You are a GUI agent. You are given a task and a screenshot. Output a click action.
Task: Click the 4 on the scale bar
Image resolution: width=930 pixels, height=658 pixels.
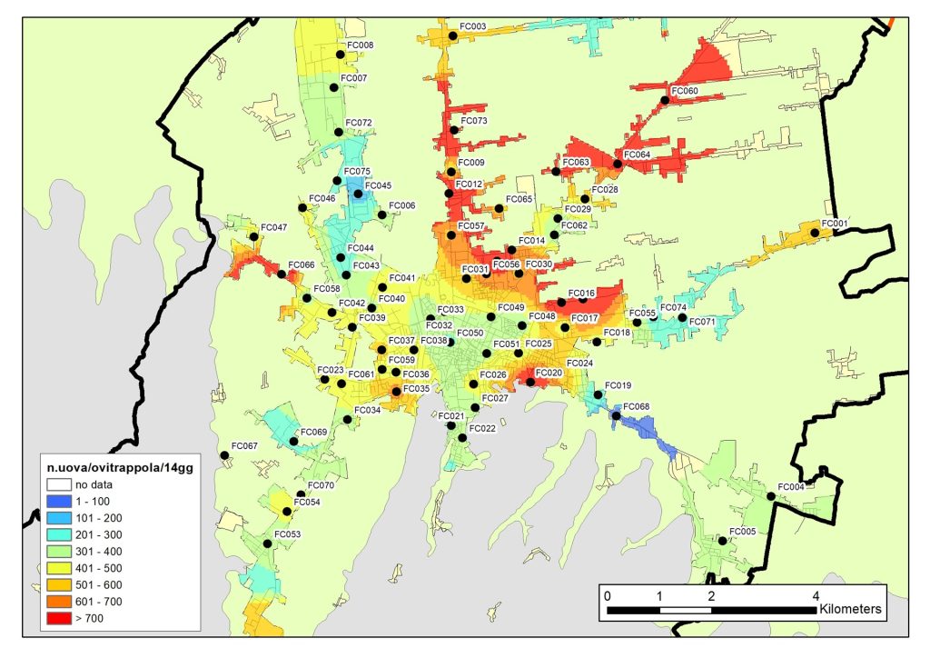[x=815, y=595]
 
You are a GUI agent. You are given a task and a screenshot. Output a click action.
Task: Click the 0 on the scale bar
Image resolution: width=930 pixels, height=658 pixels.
[x=607, y=595]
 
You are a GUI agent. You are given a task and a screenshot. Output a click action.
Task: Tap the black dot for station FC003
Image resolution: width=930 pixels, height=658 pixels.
[x=451, y=36]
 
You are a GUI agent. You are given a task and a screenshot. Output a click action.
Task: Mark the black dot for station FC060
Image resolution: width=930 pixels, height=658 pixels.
[x=665, y=101]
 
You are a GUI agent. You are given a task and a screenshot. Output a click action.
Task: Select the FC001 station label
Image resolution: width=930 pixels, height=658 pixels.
[x=835, y=224]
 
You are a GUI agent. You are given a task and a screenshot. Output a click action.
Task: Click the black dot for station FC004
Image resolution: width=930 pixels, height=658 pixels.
[x=771, y=496]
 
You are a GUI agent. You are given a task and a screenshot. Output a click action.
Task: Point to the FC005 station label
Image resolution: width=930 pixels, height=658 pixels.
[x=742, y=531]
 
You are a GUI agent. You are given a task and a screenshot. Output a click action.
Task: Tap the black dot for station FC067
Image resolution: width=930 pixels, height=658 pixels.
[x=223, y=455]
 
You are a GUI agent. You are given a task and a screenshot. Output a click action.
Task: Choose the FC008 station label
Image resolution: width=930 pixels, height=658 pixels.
[x=361, y=45]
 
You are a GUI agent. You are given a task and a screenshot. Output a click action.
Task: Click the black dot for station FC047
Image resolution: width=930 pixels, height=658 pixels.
[x=253, y=237]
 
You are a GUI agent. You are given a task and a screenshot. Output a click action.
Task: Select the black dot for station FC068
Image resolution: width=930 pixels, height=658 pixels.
[x=616, y=416]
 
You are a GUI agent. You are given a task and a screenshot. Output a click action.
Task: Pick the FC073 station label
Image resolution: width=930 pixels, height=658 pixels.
[x=474, y=121]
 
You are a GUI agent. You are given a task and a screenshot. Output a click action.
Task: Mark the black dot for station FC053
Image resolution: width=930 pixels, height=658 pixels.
[x=267, y=543]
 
